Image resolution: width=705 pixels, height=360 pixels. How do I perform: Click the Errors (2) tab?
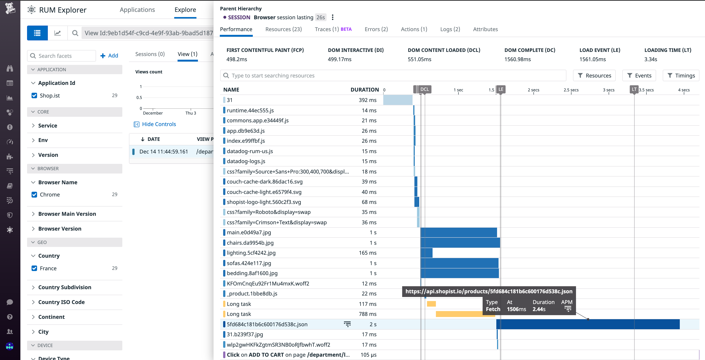(x=376, y=29)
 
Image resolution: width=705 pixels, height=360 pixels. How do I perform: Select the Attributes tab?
(x=485, y=29)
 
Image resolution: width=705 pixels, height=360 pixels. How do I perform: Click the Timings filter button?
(x=681, y=76)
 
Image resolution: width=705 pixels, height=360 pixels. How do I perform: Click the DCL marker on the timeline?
(x=424, y=89)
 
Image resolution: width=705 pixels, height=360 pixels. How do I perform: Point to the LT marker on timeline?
(x=634, y=89)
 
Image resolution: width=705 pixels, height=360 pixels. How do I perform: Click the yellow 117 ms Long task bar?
(x=431, y=304)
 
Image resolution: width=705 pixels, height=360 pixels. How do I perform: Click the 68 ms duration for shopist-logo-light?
(x=369, y=202)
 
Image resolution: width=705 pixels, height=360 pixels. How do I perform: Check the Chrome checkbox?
(x=34, y=195)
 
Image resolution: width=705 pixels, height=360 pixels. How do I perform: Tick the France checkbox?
(x=34, y=268)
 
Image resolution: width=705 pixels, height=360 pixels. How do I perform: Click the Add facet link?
(x=109, y=56)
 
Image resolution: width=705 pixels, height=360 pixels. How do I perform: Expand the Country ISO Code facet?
(x=61, y=302)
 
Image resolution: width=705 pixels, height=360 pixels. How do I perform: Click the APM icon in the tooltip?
(x=568, y=309)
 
